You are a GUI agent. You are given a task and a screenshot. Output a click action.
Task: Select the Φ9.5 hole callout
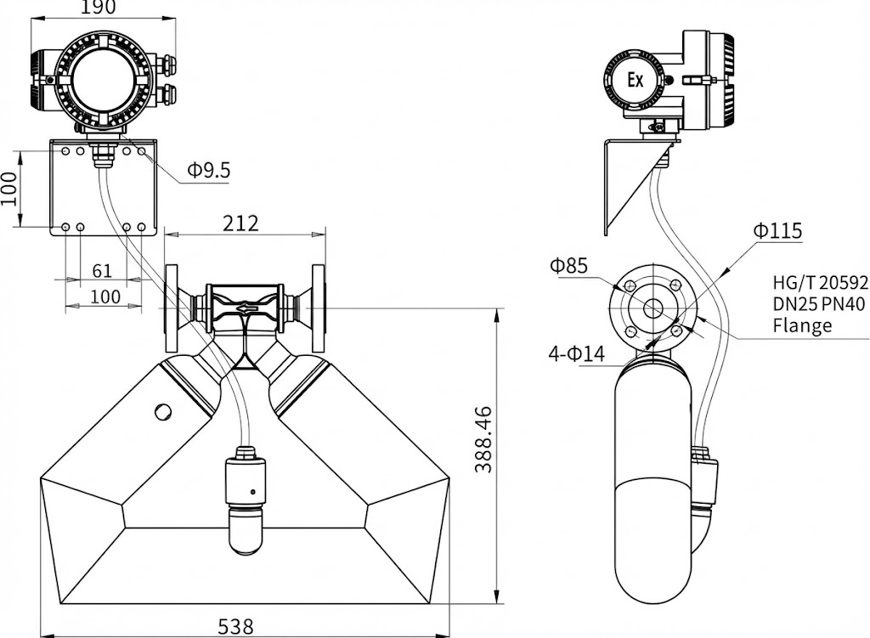pos(208,170)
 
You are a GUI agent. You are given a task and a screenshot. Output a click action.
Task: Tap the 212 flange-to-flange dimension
pos(241,223)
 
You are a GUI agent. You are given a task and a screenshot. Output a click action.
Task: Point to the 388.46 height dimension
pos(482,441)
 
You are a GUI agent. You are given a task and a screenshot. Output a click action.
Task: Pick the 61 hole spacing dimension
pos(102,270)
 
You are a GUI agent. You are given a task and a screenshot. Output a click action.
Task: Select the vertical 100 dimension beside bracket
pos(8,189)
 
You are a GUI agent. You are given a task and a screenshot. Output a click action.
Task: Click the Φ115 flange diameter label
pos(777,230)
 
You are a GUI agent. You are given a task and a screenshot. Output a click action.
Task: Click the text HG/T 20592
pos(820,283)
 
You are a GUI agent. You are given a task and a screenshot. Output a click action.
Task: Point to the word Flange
pos(802,325)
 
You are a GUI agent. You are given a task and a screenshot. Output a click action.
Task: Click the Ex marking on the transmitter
pos(635,81)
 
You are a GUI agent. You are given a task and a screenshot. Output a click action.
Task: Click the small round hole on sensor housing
pos(163,411)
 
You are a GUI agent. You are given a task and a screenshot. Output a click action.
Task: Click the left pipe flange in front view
pos(172,308)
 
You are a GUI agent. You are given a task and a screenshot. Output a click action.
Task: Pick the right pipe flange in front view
pos(319,308)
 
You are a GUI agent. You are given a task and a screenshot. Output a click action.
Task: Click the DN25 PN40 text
pos(820,304)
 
